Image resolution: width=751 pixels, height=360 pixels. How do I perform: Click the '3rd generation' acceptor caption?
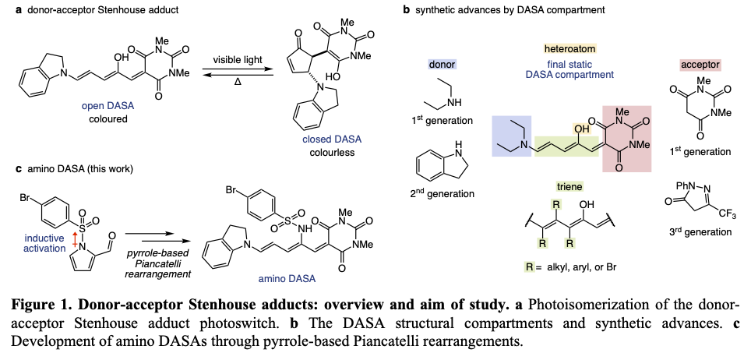700,231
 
